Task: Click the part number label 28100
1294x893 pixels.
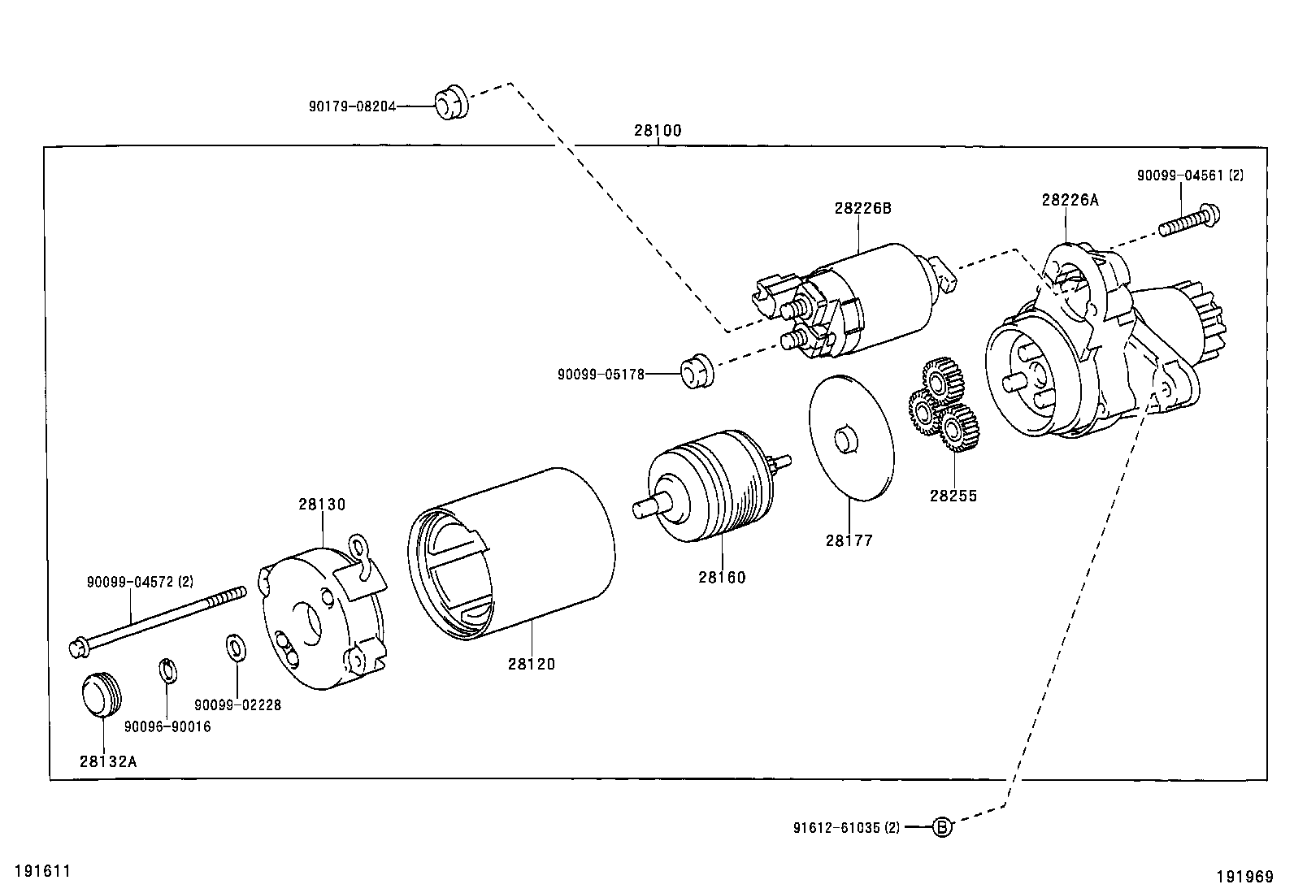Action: tap(658, 131)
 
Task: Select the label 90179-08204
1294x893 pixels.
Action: tap(353, 106)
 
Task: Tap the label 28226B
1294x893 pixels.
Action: tap(862, 208)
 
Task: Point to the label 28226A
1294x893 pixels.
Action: tap(1070, 200)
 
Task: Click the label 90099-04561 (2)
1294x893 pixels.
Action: tap(1190, 175)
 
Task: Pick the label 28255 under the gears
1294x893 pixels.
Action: tap(953, 496)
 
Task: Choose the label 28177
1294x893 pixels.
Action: tap(849, 540)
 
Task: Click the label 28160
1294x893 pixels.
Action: tap(722, 577)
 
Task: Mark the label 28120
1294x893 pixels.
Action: tap(532, 664)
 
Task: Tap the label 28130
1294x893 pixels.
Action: tap(322, 505)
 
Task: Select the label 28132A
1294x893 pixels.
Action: tap(108, 761)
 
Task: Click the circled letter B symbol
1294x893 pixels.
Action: tap(941, 827)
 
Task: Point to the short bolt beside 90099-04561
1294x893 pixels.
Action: tap(1190, 220)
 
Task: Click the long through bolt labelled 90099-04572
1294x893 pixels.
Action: tap(157, 622)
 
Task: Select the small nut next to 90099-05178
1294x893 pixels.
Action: tap(697, 371)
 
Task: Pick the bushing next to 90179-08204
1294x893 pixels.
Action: tap(452, 102)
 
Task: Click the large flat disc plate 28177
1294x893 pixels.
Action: tap(852, 438)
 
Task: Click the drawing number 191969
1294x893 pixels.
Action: tap(1245, 877)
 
